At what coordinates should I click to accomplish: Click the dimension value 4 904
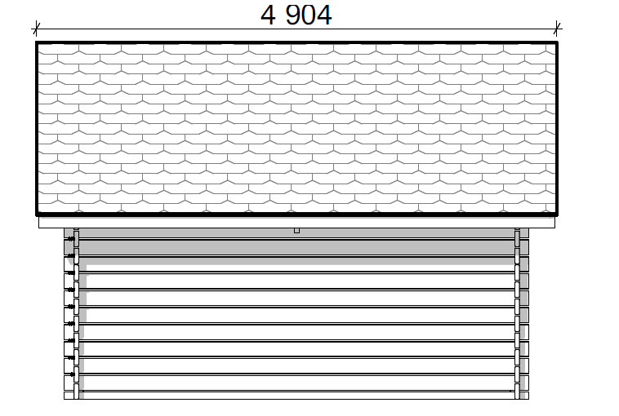click(x=296, y=15)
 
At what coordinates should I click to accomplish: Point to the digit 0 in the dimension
click(x=309, y=15)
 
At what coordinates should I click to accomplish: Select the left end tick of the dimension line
click(x=36, y=29)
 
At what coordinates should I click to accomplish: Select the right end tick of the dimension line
click(x=557, y=29)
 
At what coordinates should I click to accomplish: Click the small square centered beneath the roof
click(x=297, y=231)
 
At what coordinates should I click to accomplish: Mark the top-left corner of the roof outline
click(x=36, y=42)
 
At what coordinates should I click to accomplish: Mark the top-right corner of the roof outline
click(x=557, y=42)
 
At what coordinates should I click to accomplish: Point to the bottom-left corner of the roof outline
click(x=36, y=215)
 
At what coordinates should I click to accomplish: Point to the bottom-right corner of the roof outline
click(x=557, y=215)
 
